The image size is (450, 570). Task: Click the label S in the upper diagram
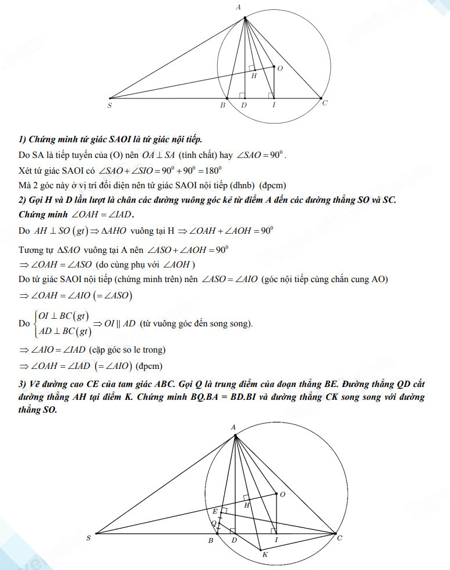point(109,105)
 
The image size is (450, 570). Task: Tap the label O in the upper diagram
point(280,69)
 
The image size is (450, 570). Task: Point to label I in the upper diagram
point(274,105)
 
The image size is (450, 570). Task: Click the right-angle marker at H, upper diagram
point(251,68)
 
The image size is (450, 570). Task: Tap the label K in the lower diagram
point(265,554)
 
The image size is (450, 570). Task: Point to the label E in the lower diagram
point(214,511)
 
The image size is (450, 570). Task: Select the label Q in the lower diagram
point(214,524)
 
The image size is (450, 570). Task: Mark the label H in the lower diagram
point(246,505)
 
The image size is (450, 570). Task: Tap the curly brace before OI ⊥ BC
point(36,323)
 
